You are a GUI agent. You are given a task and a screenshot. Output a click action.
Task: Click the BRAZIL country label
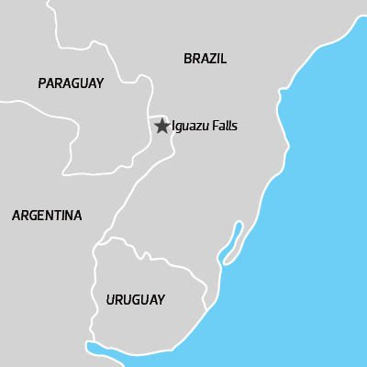tap(205, 59)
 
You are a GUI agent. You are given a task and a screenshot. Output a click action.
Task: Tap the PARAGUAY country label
tap(71, 83)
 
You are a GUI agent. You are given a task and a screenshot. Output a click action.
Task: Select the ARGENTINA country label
tap(47, 216)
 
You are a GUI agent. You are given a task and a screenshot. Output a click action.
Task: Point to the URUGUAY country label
tap(135, 300)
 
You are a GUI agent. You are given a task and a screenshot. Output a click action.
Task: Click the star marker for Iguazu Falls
tap(161, 127)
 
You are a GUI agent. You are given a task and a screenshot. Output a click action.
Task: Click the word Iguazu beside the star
tap(191, 127)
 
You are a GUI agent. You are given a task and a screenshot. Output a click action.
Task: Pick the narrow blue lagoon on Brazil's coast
tap(231, 239)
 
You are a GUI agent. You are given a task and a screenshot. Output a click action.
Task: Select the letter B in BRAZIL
tap(187, 59)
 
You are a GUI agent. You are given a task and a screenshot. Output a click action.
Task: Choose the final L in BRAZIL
tap(223, 59)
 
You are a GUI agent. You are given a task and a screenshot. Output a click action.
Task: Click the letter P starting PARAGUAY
tap(42, 83)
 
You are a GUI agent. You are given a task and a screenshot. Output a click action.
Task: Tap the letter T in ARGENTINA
tap(61, 216)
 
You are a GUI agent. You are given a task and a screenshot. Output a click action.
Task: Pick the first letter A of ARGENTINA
tap(16, 216)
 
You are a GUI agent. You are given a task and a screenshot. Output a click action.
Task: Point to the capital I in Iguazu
tap(173, 127)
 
